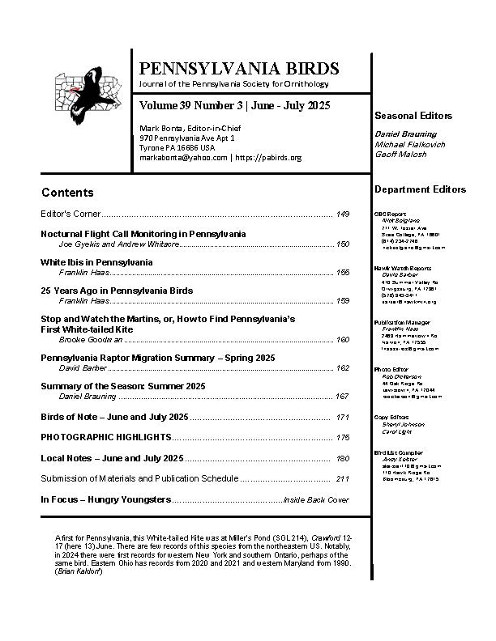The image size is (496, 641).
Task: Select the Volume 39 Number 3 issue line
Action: tap(234, 107)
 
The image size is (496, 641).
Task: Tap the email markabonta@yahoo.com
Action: tap(183, 157)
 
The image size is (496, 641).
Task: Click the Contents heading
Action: tap(67, 193)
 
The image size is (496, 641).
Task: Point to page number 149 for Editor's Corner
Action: tap(342, 214)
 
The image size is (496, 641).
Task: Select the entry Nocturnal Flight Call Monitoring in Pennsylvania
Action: tap(143, 234)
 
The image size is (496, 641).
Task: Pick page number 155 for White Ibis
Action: tap(342, 273)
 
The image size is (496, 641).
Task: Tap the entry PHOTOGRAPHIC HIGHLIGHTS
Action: tap(105, 437)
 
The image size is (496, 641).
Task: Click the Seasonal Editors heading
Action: tap(413, 116)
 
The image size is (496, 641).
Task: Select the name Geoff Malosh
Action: tap(400, 154)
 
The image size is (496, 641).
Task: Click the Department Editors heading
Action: tap(420, 189)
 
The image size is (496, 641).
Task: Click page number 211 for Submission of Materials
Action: tap(342, 478)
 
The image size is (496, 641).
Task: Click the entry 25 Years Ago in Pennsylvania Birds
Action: tap(117, 290)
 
